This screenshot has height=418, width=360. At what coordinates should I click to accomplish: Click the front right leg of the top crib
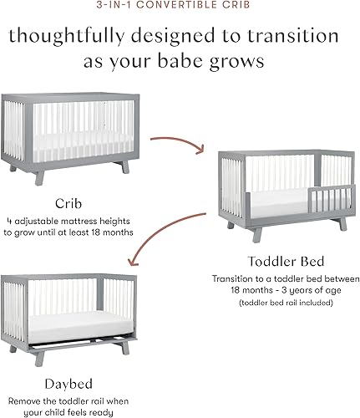point(124,166)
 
